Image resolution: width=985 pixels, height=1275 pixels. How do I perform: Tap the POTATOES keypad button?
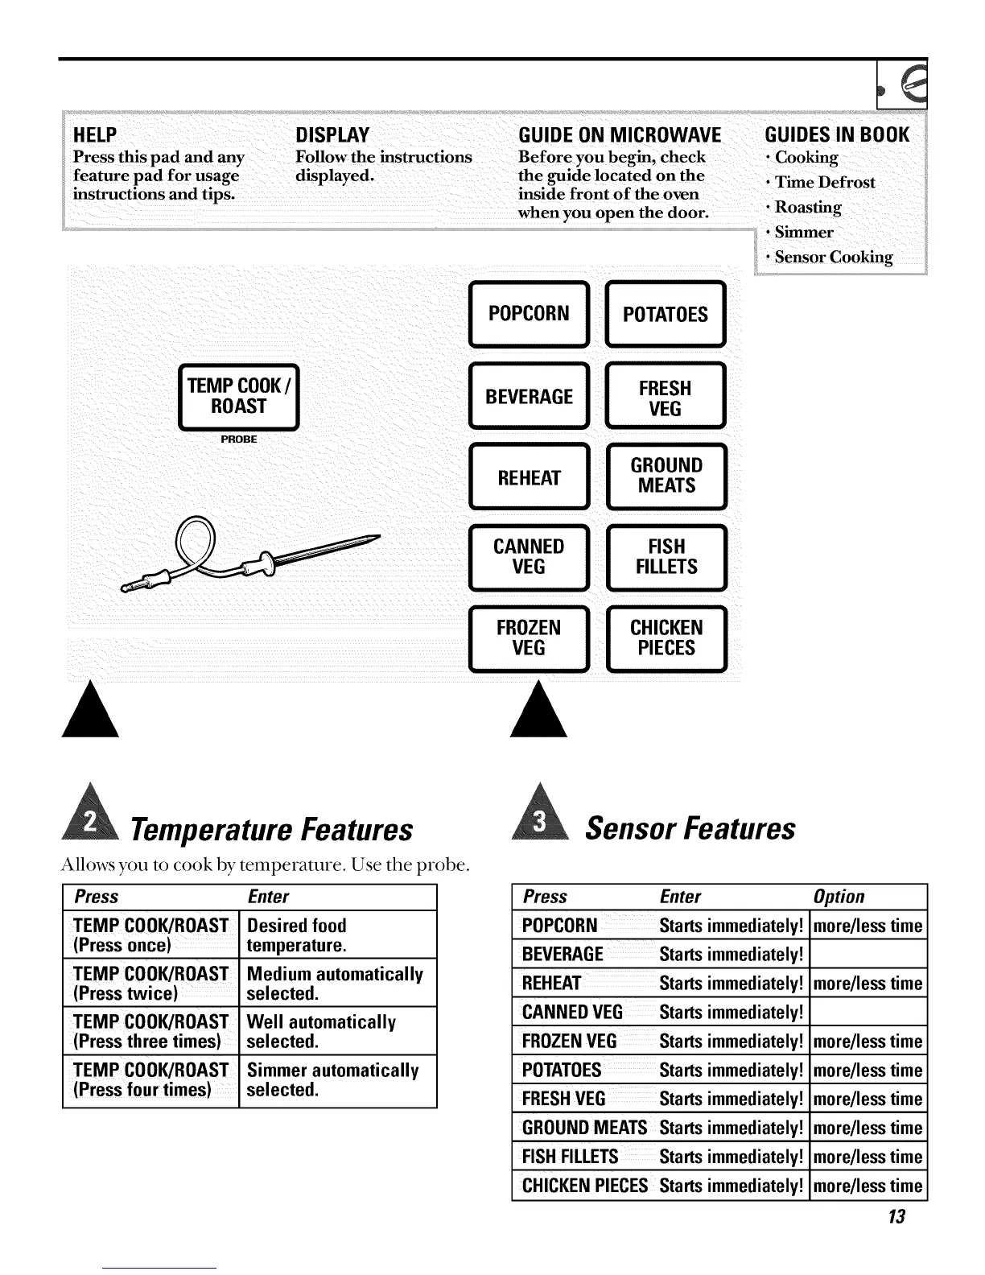tap(666, 314)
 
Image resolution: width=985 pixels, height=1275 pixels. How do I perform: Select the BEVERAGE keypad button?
tap(529, 396)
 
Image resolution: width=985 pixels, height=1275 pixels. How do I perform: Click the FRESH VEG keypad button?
tap(666, 398)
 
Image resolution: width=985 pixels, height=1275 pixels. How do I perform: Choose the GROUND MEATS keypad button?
tap(666, 476)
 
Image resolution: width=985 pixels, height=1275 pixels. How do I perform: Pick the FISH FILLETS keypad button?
tap(666, 557)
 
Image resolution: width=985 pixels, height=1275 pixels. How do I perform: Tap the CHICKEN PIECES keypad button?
tap(666, 638)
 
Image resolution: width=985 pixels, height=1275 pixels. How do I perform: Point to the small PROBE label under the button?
tap(239, 439)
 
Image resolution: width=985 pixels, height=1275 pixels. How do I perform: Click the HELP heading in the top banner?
tap(95, 134)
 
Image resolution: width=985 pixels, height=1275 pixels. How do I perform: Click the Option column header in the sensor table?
tap(839, 897)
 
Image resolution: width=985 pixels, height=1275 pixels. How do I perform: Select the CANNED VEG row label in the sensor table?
tap(572, 1012)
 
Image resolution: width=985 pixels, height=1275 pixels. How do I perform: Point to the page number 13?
tap(896, 1216)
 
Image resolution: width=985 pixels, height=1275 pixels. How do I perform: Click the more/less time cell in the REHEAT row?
tap(868, 983)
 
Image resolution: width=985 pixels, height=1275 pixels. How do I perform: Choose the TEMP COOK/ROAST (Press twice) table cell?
tap(150, 983)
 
